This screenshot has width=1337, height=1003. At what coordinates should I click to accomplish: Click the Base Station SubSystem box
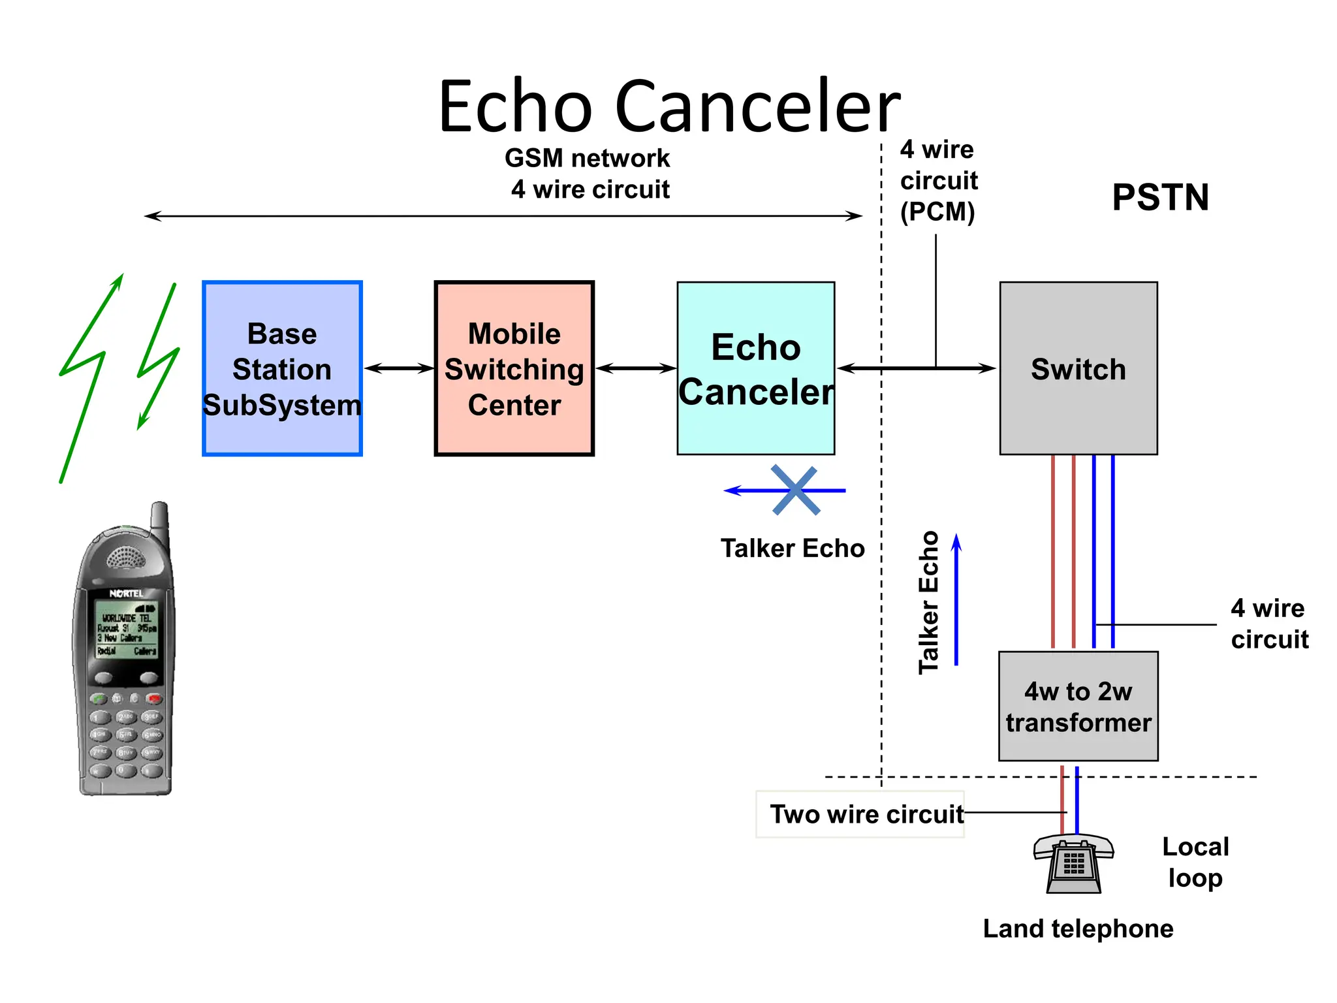pyautogui.click(x=282, y=369)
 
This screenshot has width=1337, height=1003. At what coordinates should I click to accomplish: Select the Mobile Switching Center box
pyautogui.click(x=514, y=369)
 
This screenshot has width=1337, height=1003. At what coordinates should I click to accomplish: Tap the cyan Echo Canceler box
pyautogui.click(x=755, y=369)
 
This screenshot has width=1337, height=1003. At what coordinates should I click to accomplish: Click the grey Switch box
pyautogui.click(x=1078, y=369)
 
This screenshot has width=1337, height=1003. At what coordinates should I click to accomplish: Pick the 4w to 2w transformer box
pyautogui.click(x=1078, y=707)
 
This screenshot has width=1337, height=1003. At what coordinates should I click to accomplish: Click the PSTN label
pyautogui.click(x=1160, y=197)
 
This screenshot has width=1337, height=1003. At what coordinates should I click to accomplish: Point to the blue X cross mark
pyautogui.click(x=795, y=490)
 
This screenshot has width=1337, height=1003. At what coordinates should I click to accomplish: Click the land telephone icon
pyautogui.click(x=1073, y=863)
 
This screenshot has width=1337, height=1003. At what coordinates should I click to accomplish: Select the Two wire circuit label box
pyautogui.click(x=860, y=814)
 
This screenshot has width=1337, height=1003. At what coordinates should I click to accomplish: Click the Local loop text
pyautogui.click(x=1195, y=862)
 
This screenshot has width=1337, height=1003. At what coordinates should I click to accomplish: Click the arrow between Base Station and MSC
pyautogui.click(x=399, y=369)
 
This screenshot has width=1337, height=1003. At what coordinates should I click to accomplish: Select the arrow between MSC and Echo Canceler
pyautogui.click(x=635, y=369)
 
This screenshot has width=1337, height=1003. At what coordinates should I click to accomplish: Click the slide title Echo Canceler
pyautogui.click(x=668, y=106)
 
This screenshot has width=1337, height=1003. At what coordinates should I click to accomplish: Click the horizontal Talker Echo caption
pyautogui.click(x=792, y=549)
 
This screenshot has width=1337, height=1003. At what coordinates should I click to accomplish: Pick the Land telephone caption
pyautogui.click(x=1078, y=929)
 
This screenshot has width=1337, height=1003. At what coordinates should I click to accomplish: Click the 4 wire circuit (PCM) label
pyautogui.click(x=938, y=181)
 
